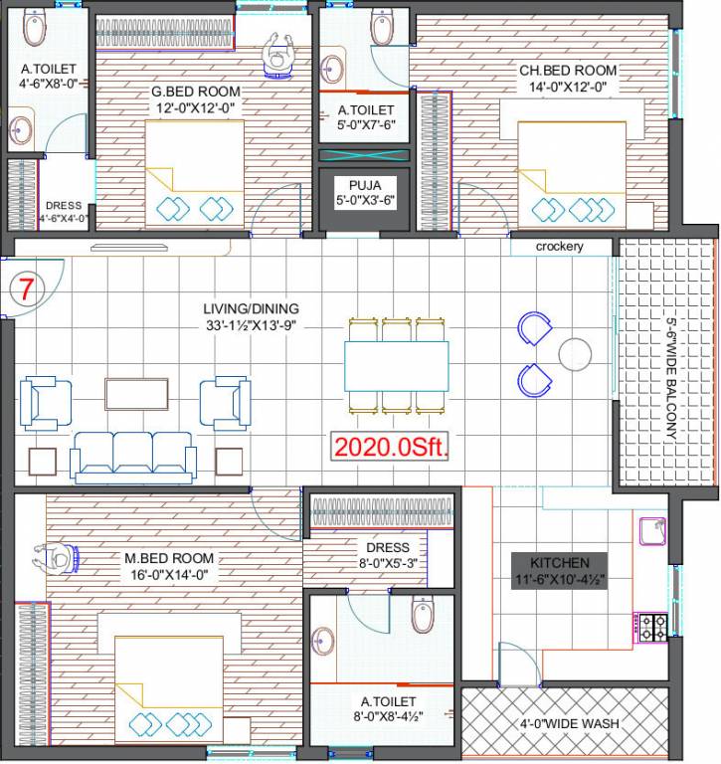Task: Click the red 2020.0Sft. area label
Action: (x=391, y=447)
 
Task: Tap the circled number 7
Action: (x=28, y=290)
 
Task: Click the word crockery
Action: (x=559, y=247)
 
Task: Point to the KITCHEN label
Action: (x=559, y=563)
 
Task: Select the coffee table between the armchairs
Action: (x=135, y=393)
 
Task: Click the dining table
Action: (x=396, y=364)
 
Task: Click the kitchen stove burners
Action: (x=653, y=626)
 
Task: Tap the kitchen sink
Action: (x=653, y=531)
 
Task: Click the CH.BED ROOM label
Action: (x=568, y=71)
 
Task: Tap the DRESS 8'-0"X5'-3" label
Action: (x=388, y=547)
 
